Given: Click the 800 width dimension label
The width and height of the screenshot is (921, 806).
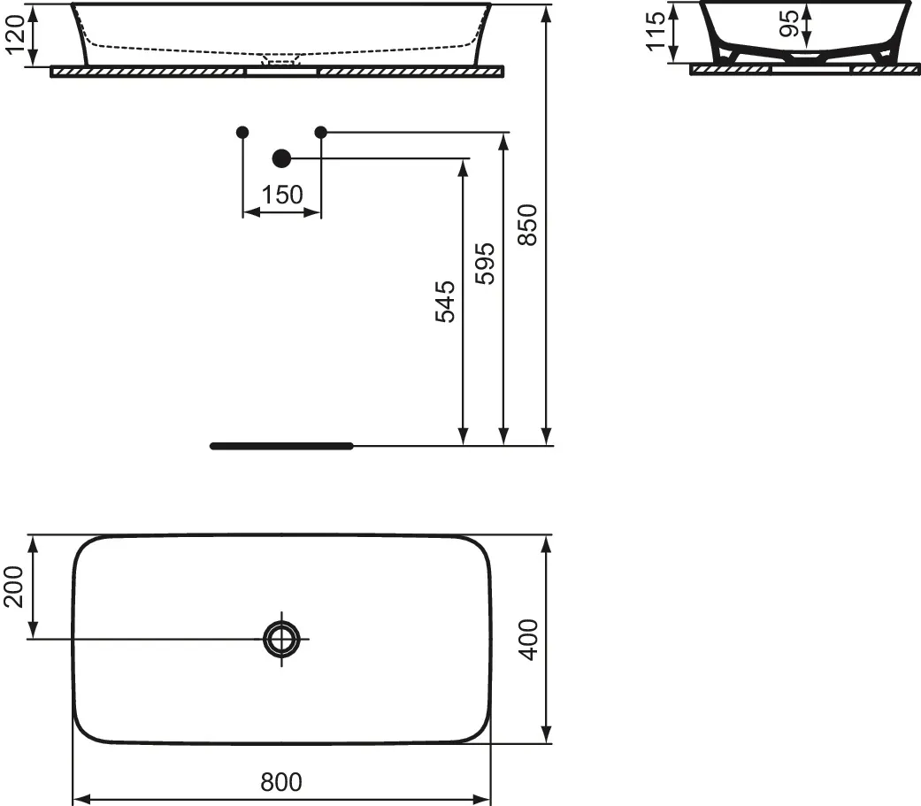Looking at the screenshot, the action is pos(281,782).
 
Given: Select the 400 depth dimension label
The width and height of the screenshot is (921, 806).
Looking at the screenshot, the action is pos(529,640).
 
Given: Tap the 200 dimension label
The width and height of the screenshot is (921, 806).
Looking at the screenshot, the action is pos(13,587).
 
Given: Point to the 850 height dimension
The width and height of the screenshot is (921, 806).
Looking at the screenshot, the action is pos(528,225).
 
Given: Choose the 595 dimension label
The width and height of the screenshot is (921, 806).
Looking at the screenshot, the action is pos(485,264).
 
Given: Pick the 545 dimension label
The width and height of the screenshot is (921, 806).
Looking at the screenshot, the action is pos(445,302).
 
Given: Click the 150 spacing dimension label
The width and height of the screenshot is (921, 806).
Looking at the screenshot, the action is pos(282,195).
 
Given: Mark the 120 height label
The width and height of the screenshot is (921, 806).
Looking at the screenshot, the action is pos(15,35).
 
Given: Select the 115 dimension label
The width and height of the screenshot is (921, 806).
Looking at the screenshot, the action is pos(656,32).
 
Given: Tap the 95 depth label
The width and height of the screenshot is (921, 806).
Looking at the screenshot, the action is pos(789,24).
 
